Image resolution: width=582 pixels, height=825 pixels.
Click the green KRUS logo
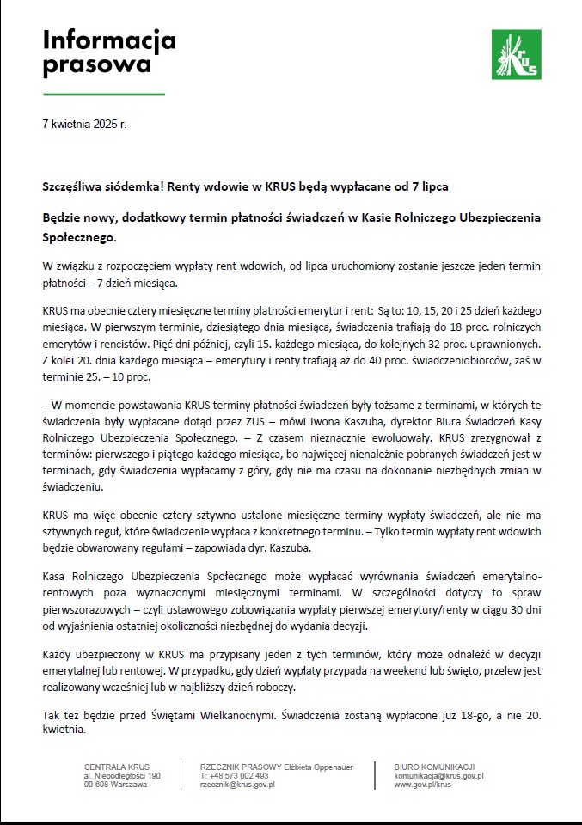[x=515, y=54]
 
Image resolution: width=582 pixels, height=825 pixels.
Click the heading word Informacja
[x=109, y=40]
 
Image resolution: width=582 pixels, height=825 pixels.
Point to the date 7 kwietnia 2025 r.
[x=83, y=125]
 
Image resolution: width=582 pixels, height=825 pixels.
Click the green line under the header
[x=103, y=93]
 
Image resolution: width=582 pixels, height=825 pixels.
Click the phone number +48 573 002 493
[x=234, y=776]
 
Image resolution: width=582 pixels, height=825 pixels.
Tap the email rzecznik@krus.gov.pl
[x=237, y=785]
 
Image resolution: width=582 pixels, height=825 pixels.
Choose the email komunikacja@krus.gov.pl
[x=438, y=776]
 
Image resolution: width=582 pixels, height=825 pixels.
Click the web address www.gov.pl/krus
[x=423, y=785]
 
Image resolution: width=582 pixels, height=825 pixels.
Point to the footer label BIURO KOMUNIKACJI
[x=434, y=767]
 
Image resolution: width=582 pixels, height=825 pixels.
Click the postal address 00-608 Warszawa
[x=116, y=785]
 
